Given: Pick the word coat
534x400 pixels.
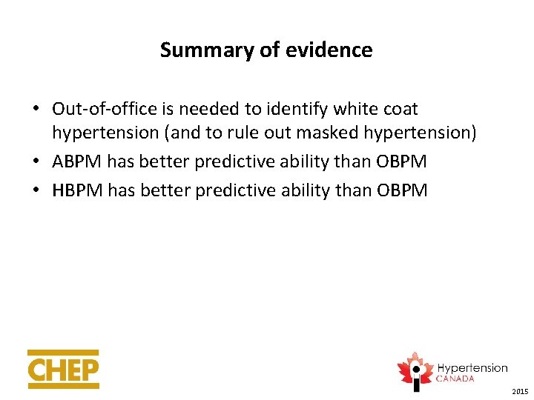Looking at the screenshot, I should pos(401,109).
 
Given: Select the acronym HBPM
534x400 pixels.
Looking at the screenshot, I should pos(78,190).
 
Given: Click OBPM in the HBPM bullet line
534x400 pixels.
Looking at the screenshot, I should pos(402,190).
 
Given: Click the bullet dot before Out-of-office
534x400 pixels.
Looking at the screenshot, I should pos(35,110).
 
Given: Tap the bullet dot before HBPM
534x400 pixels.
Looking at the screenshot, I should pos(35,191).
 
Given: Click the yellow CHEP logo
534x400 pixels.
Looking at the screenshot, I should pos(63,369).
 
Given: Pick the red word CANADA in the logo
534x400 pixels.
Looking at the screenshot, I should pos(455,379).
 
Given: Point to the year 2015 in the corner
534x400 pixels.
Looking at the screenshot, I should pos(519,391).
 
